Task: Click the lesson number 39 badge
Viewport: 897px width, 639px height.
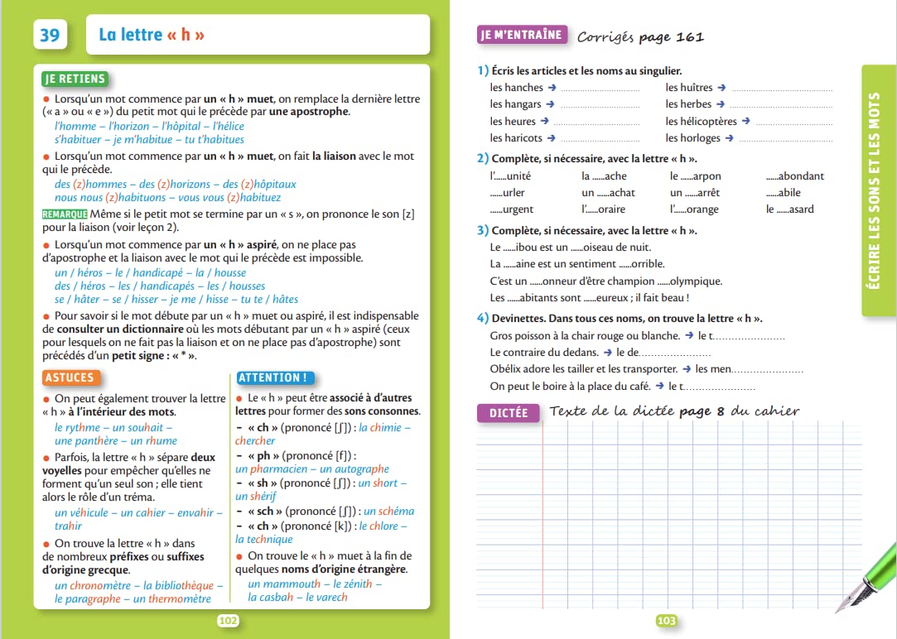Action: tap(50, 35)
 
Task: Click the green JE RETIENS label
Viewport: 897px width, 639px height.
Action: tap(75, 79)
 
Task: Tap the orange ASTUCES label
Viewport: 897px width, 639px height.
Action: tap(70, 377)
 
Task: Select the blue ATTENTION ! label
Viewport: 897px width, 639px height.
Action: tap(272, 377)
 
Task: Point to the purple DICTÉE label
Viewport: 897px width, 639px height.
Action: tap(508, 413)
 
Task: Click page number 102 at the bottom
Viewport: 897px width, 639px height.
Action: tap(228, 620)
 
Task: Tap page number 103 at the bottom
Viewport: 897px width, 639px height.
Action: tap(666, 620)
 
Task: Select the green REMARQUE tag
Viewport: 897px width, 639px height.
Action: tap(64, 214)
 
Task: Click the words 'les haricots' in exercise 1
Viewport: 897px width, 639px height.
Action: tap(516, 138)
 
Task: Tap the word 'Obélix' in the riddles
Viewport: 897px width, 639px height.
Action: tap(507, 369)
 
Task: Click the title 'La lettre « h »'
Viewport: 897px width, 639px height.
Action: tap(152, 35)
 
